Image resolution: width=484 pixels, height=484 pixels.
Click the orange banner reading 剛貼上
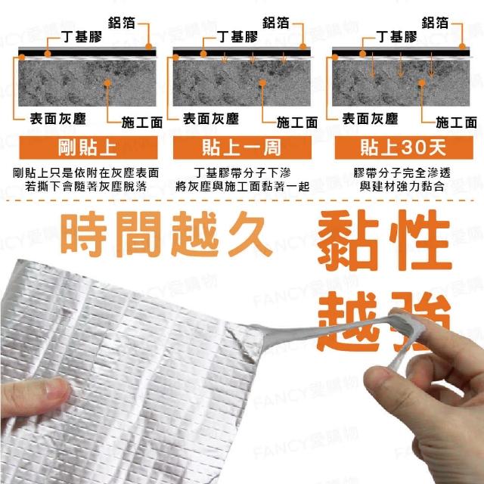tap(88, 147)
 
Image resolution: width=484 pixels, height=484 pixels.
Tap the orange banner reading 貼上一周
tap(242, 147)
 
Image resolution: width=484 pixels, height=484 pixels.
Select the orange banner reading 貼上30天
tap(404, 147)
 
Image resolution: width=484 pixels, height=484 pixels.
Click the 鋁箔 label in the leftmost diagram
tap(122, 23)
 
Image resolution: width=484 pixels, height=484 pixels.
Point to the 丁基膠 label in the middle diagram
tap(237, 37)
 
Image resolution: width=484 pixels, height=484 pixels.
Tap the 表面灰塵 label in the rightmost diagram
tap(371, 119)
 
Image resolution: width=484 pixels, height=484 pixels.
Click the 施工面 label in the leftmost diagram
tap(142, 123)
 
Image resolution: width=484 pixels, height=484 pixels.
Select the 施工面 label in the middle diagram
tap(297, 123)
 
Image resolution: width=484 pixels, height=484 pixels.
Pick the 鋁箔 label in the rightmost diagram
tap(435, 23)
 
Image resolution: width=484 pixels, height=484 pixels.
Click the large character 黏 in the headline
tap(348, 240)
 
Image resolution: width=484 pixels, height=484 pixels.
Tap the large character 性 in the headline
tap(420, 240)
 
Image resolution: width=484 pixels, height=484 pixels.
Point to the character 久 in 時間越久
tap(250, 234)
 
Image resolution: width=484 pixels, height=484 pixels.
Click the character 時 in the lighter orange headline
tap(84, 234)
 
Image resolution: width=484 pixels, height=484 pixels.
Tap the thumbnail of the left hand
tap(58, 389)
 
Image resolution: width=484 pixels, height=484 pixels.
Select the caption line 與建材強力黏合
tap(402, 187)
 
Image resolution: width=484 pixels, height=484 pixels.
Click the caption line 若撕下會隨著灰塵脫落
tap(86, 187)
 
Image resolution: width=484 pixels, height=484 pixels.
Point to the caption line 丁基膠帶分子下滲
tap(242, 173)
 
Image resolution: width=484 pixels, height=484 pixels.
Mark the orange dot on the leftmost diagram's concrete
tap(107, 83)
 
